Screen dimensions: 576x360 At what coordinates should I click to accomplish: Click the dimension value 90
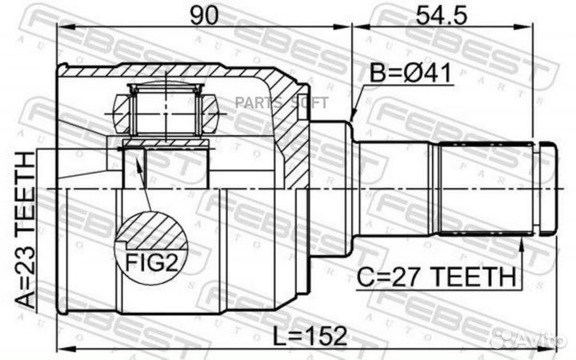[x=205, y=15]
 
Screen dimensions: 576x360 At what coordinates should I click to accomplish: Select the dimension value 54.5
[x=441, y=15]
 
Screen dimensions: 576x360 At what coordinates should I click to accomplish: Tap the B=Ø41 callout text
[x=410, y=73]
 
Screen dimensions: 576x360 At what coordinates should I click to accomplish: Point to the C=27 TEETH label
[x=437, y=277]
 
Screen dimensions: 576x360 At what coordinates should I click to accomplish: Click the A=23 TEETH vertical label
[x=26, y=230]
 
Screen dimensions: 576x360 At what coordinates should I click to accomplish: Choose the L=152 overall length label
[x=310, y=336]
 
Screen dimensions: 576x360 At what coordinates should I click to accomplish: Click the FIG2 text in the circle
[x=151, y=262]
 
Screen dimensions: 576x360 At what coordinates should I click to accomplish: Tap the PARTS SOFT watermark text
[x=282, y=103]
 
